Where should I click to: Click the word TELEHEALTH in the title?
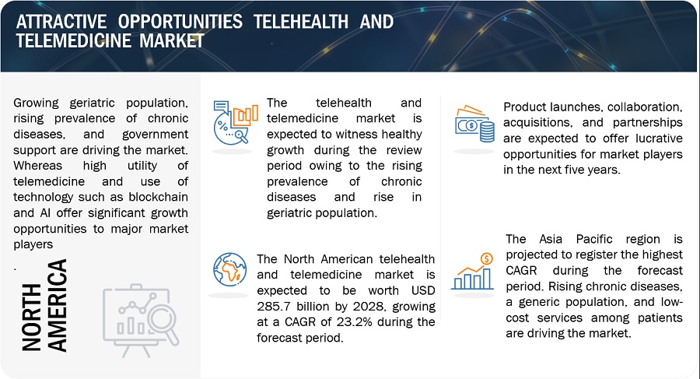click(301, 22)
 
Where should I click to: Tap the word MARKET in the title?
click(172, 40)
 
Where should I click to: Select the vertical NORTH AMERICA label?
click(44, 305)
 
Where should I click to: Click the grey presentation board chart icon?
click(141, 321)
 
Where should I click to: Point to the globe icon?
click(230, 269)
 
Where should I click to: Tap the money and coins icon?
click(474, 124)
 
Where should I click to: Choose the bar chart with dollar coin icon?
click(472, 272)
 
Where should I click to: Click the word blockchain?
click(159, 197)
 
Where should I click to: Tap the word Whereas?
click(38, 165)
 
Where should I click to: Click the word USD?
click(423, 290)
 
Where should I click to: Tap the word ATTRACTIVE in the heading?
click(61, 22)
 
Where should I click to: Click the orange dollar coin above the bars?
click(486, 259)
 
